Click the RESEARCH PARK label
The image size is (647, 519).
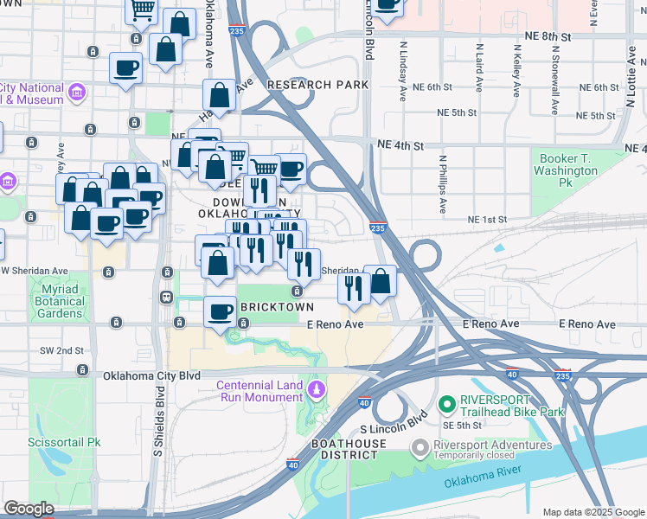coord(317,85)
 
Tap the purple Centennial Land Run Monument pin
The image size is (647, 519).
coord(317,389)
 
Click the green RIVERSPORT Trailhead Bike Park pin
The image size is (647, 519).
coord(446,403)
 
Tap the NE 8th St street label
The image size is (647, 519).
coord(548,38)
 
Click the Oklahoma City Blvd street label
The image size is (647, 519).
coord(151,376)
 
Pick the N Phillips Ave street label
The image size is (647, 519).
coord(442,184)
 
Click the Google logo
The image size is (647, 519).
coord(29,509)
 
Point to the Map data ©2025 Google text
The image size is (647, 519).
coord(593,512)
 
